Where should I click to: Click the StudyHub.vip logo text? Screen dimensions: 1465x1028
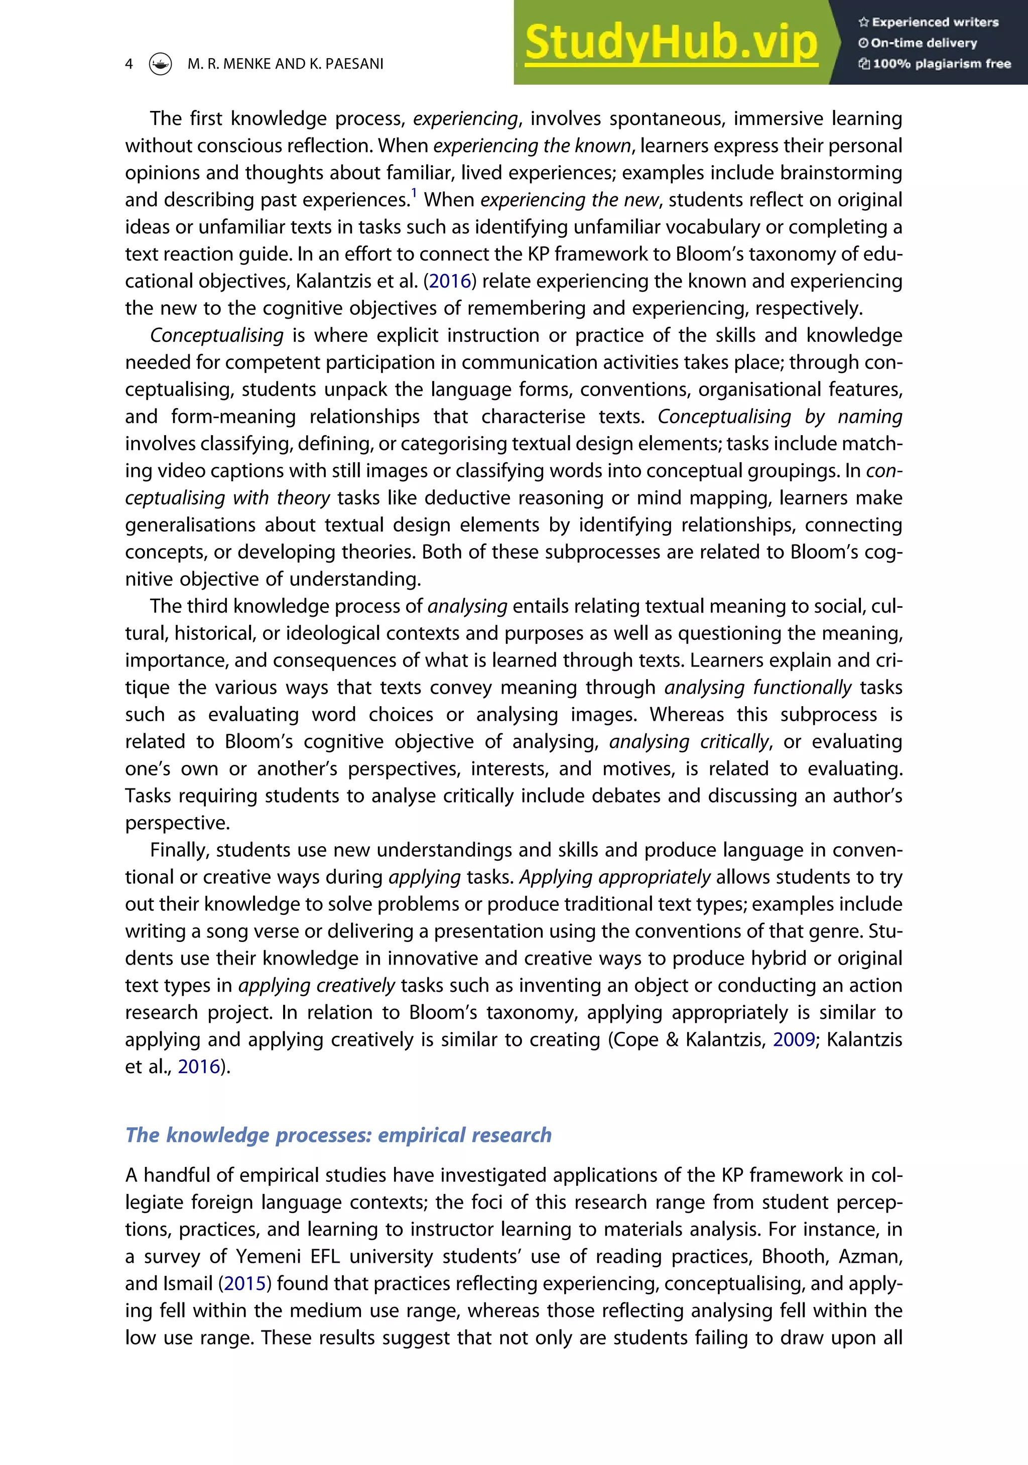click(671, 42)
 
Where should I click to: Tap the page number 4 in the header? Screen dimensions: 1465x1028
click(129, 64)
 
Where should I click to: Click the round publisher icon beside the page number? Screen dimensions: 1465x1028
click(160, 64)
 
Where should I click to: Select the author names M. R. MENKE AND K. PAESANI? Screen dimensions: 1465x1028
click(285, 64)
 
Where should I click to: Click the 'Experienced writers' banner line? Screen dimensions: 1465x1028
click(929, 22)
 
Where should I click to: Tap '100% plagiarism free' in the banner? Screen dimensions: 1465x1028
click(936, 64)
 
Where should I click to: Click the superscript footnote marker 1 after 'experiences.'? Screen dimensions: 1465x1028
click(414, 193)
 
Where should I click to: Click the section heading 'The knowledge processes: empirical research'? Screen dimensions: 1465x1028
click(338, 1135)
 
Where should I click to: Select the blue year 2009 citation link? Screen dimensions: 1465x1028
click(794, 1039)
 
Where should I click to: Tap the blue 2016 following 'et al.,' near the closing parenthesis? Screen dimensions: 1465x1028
click(198, 1067)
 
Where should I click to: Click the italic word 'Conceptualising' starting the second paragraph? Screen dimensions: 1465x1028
click(217, 336)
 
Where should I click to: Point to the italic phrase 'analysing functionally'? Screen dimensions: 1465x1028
click(757, 688)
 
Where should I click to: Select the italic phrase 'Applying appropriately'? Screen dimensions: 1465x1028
click(614, 877)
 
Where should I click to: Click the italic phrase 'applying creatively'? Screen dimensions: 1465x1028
click(317, 986)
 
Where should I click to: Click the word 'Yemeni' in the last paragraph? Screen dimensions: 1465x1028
click(268, 1256)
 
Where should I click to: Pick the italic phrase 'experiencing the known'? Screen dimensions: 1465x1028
click(532, 146)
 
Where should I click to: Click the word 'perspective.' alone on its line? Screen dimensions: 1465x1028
click(177, 823)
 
